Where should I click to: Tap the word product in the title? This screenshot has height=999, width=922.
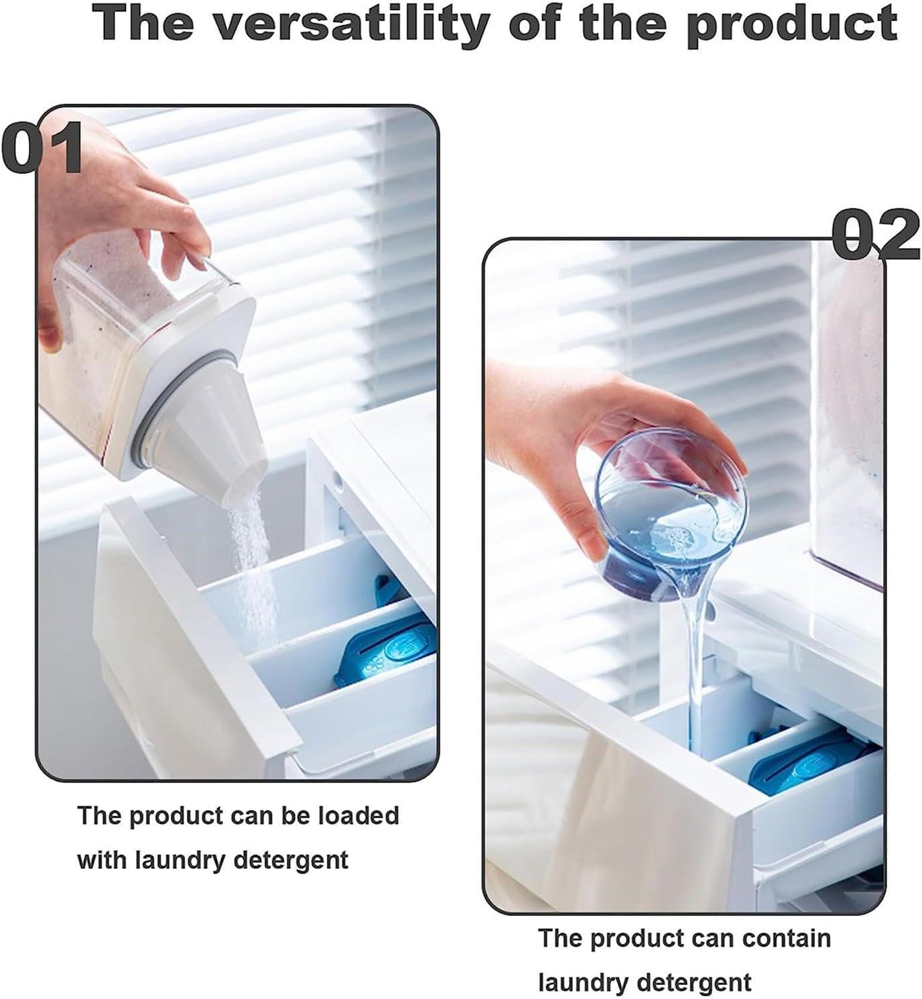[x=792, y=24]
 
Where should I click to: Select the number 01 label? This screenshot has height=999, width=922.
[x=42, y=148]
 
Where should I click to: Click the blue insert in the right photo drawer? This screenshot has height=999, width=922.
[x=817, y=764]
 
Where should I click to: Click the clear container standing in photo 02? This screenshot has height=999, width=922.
[x=848, y=416]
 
